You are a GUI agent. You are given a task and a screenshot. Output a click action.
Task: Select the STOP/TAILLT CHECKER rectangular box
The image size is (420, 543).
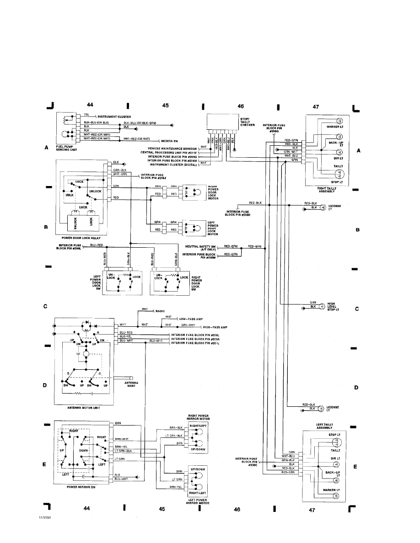point(222,122)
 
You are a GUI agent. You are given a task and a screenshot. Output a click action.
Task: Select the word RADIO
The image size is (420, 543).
point(160,311)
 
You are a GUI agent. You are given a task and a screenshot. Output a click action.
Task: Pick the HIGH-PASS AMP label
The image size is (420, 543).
point(215,328)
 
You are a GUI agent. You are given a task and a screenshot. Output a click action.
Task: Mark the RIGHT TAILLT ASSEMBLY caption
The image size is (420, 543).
point(325,190)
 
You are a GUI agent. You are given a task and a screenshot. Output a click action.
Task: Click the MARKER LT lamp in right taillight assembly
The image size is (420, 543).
point(339,126)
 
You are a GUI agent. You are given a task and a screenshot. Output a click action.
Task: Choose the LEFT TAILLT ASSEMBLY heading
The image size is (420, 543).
point(326,426)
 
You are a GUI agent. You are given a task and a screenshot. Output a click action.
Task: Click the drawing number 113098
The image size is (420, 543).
point(44,519)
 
